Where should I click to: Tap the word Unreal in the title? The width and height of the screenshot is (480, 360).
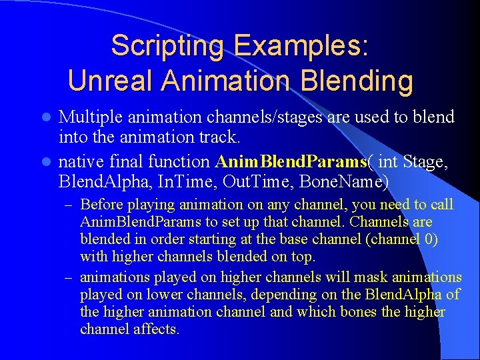(x=111, y=81)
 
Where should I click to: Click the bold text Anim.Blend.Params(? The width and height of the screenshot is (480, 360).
(x=292, y=161)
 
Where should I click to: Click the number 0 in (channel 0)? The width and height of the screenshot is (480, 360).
(x=427, y=239)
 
